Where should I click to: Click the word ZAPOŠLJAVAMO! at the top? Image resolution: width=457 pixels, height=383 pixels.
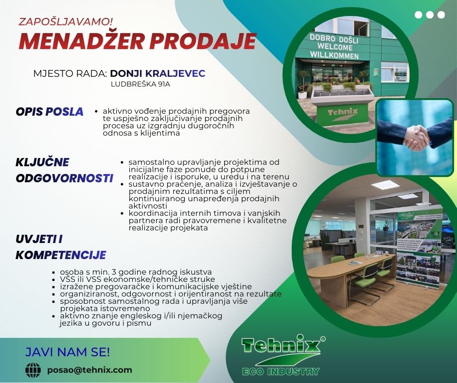(66, 21)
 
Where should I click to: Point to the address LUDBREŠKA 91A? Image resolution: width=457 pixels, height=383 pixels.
(141, 85)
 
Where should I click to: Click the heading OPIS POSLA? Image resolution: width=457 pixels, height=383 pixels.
(50, 112)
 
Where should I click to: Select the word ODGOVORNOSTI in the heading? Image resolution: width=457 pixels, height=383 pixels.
(64, 178)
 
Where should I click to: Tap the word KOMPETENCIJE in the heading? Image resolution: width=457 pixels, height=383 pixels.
(61, 255)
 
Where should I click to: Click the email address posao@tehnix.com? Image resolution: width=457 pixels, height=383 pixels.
(90, 370)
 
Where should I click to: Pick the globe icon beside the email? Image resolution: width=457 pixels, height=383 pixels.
(33, 370)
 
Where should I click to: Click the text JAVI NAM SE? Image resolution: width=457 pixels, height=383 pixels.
(68, 352)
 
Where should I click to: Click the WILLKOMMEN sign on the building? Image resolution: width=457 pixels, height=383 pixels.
(334, 55)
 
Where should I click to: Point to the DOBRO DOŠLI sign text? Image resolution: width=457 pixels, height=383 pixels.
(334, 39)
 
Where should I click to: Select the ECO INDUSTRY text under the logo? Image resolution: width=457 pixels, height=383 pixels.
(281, 372)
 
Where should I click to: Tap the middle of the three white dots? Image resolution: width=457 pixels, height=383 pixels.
(430, 15)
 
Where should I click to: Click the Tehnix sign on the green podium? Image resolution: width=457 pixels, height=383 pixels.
(343, 113)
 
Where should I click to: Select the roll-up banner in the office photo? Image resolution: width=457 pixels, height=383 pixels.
(418, 249)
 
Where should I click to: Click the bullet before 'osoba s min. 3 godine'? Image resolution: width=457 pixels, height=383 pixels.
(53, 273)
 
